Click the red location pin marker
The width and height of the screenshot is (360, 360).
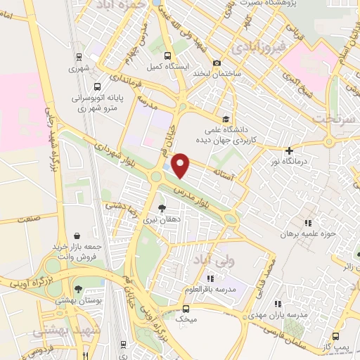pyautogui.click(x=181, y=165)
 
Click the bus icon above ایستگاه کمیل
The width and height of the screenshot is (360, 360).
pyautogui.click(x=166, y=56)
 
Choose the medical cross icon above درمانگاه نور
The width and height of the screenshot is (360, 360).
pyautogui.click(x=289, y=150)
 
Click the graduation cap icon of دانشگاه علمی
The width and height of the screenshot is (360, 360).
pyautogui.click(x=225, y=119)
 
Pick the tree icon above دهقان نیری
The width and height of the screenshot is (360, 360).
pyautogui.click(x=162, y=208)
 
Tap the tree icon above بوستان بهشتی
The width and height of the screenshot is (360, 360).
pyautogui.click(x=77, y=289)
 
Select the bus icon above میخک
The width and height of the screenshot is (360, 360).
pyautogui.click(x=185, y=308)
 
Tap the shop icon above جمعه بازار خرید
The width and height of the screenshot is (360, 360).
pyautogui.click(x=77, y=236)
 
